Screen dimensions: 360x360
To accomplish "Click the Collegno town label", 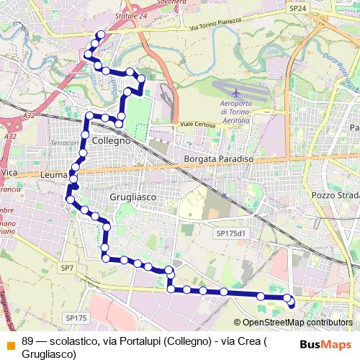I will tap(110, 142).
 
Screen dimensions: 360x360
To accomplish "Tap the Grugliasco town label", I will tap(134, 195).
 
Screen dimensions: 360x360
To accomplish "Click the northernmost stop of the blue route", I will tap(100, 35).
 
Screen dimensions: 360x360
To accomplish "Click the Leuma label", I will tap(54, 175).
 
